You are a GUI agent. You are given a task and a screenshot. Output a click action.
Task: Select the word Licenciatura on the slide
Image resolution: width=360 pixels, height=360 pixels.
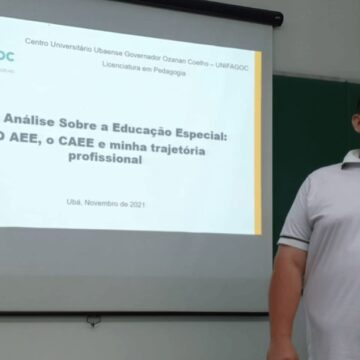(122, 64)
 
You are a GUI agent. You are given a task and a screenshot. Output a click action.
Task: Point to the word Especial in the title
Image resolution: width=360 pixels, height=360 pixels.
(194, 132)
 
